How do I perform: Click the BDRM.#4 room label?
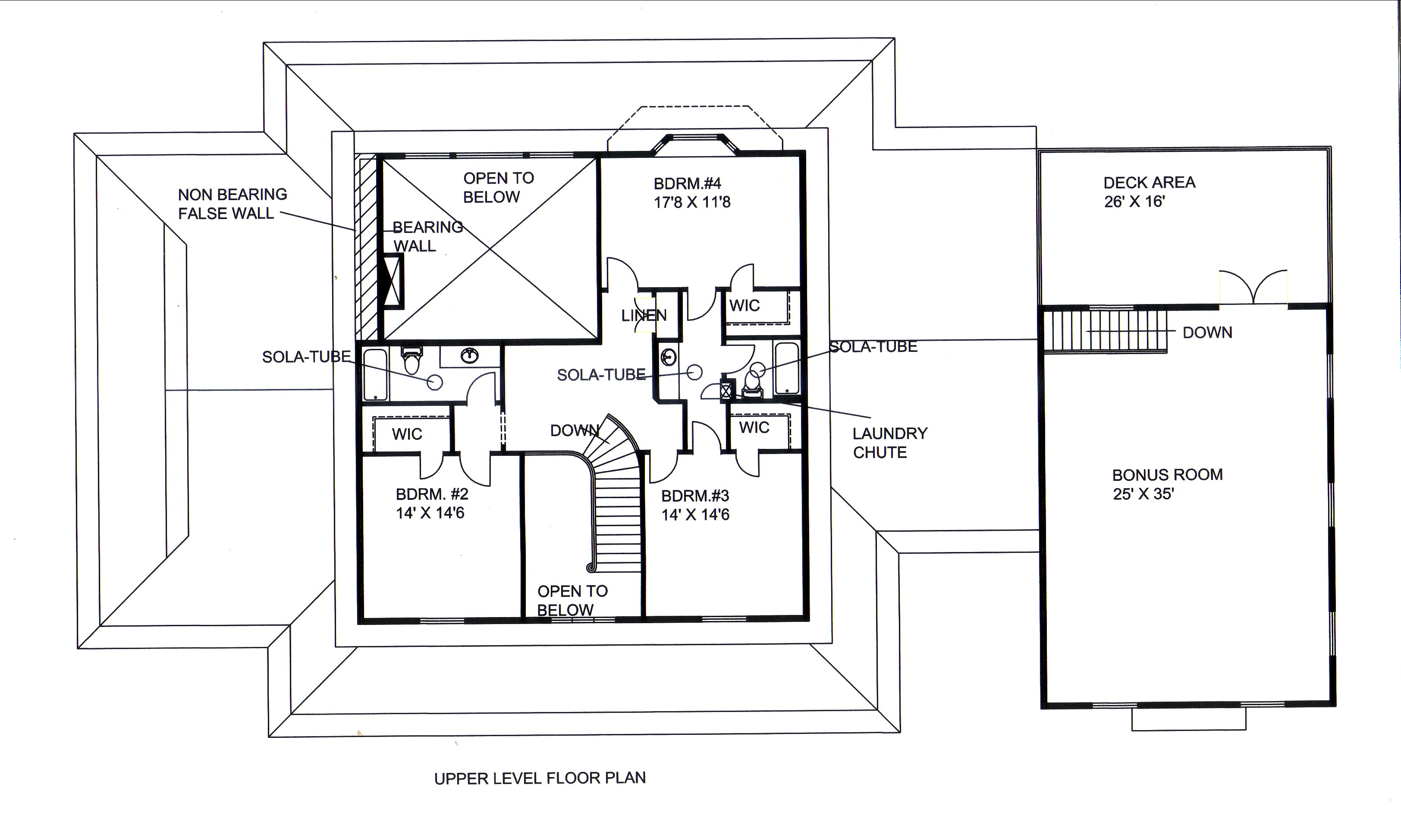tap(688, 184)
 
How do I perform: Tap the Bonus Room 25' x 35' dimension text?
tap(1143, 494)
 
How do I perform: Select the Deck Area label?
tap(1149, 182)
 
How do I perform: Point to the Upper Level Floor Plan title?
tap(540, 778)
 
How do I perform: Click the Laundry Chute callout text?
tap(889, 443)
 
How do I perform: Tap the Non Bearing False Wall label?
tap(232, 204)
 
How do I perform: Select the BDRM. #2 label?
tap(432, 494)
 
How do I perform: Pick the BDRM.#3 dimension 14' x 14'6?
tap(695, 514)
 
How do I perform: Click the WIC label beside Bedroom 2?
tap(407, 434)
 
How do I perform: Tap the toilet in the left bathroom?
tap(412, 361)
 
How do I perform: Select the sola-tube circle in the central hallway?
tap(694, 372)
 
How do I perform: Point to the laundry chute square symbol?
tap(726, 391)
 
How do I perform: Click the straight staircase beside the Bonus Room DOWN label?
tap(1105, 332)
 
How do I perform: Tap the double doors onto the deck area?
tap(1253, 287)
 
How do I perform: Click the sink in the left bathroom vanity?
tap(470, 355)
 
